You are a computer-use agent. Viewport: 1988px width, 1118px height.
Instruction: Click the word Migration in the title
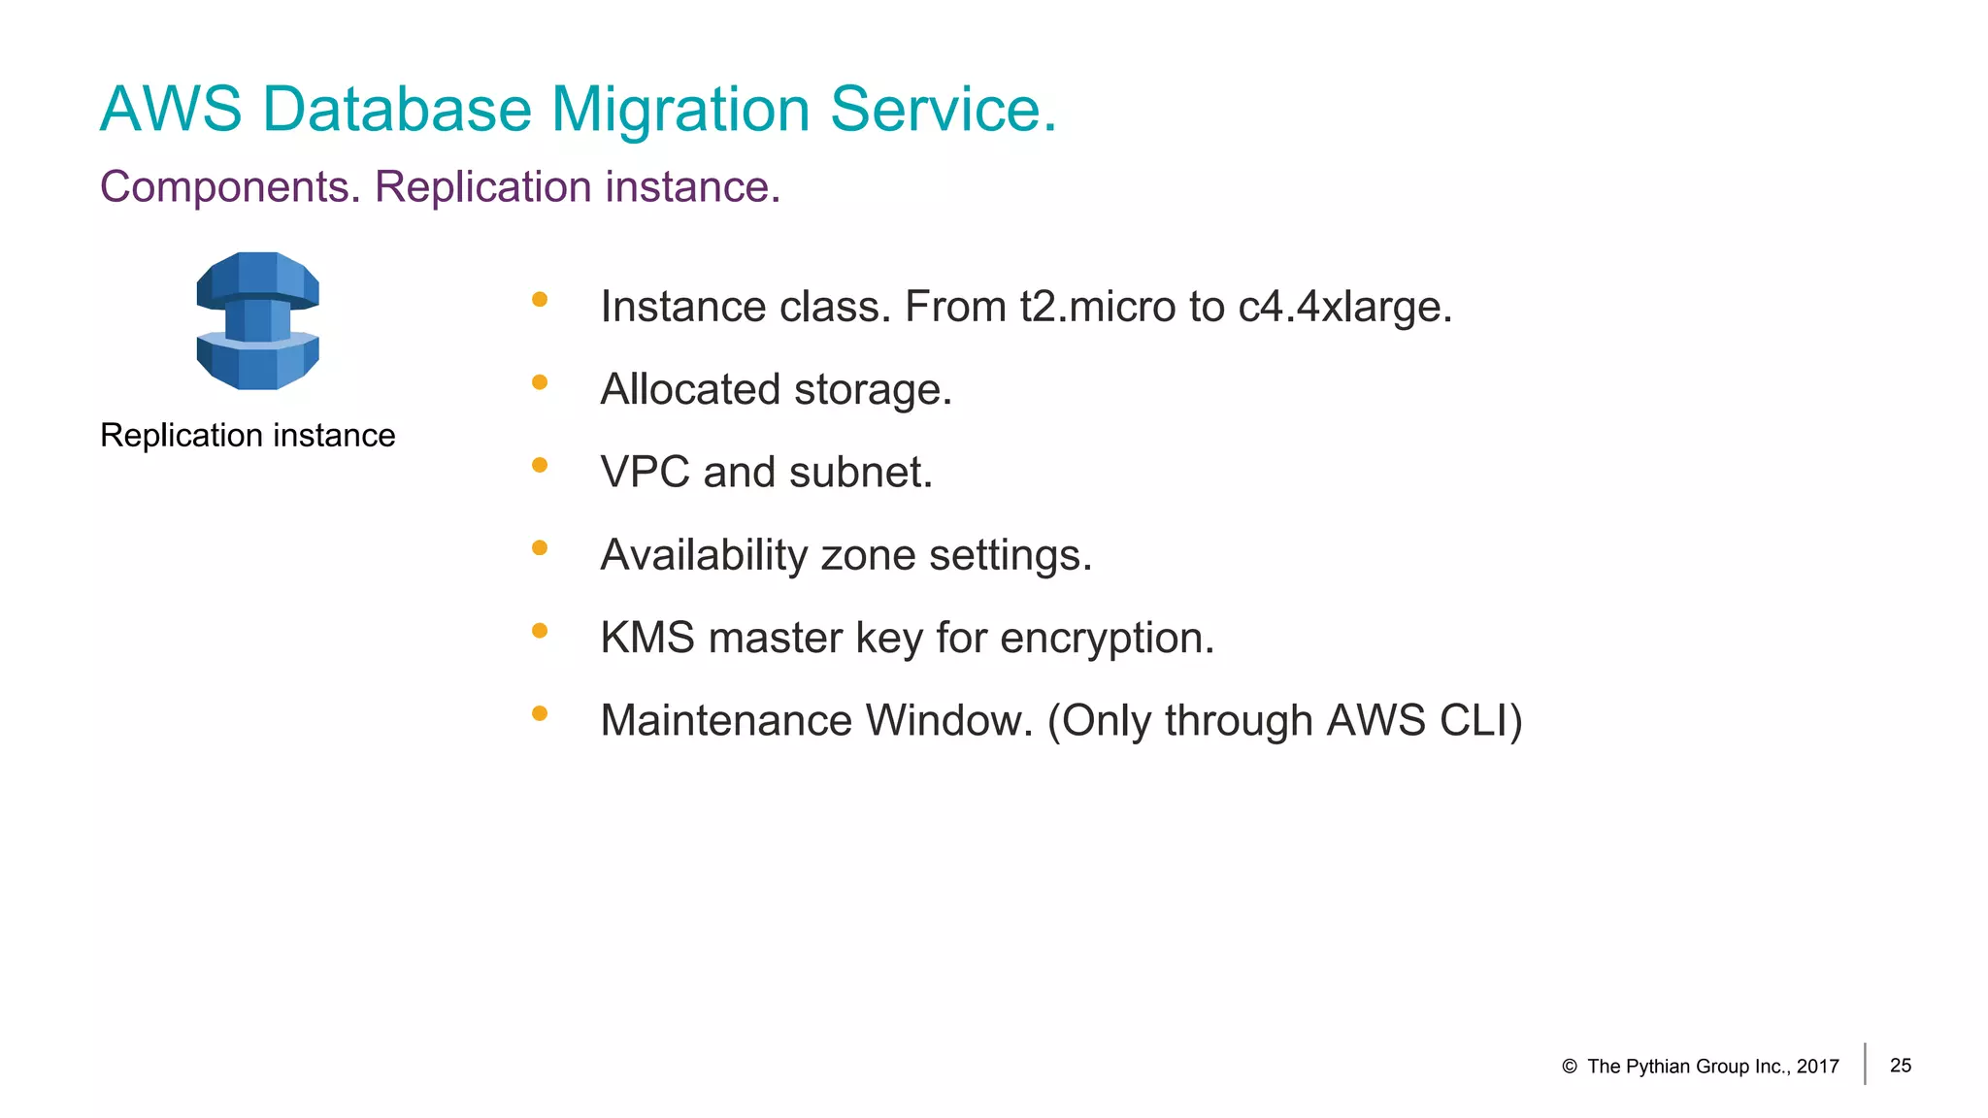coord(680,110)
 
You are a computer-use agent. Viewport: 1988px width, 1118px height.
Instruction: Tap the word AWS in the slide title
coord(171,109)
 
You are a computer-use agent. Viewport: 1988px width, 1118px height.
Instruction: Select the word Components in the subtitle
coord(230,187)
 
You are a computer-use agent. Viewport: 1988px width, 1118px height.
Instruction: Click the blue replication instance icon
coord(257,321)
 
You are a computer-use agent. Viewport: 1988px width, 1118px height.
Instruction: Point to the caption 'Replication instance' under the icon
coord(248,436)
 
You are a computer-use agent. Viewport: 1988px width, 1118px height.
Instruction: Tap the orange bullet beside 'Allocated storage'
coord(540,382)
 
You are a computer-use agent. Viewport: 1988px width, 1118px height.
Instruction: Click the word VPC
coord(645,473)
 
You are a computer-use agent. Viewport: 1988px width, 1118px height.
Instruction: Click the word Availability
coord(704,556)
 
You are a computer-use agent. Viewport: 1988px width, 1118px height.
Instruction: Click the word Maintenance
coord(725,721)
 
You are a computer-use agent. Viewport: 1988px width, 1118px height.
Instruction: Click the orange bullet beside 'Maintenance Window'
coord(540,714)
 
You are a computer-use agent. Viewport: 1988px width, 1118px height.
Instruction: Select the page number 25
coord(1901,1066)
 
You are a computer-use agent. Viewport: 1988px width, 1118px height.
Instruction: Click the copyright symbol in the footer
coord(1569,1067)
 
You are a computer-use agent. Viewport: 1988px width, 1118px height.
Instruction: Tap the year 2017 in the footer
coord(1817,1067)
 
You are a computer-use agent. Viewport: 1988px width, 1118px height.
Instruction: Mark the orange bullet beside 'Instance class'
coord(540,300)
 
